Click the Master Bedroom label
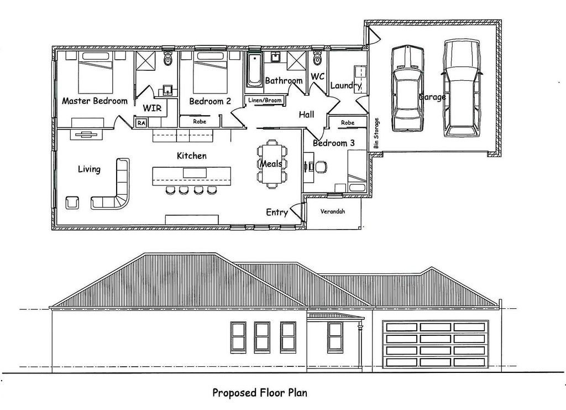pos(95,101)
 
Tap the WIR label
pos(152,108)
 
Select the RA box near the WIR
pos(141,123)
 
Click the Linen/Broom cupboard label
pos(265,100)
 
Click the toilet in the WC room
pos(317,58)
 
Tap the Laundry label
pos(346,86)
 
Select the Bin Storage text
pos(376,133)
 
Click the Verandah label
pos(332,211)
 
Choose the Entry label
pos(277,212)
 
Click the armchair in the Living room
pos(72,203)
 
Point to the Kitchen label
pos(192,155)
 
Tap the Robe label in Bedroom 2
pos(199,121)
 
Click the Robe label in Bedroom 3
pos(348,123)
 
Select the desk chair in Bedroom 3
pos(321,167)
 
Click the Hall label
pos(306,115)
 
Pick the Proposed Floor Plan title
pos(260,393)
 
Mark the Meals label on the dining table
pos(271,164)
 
